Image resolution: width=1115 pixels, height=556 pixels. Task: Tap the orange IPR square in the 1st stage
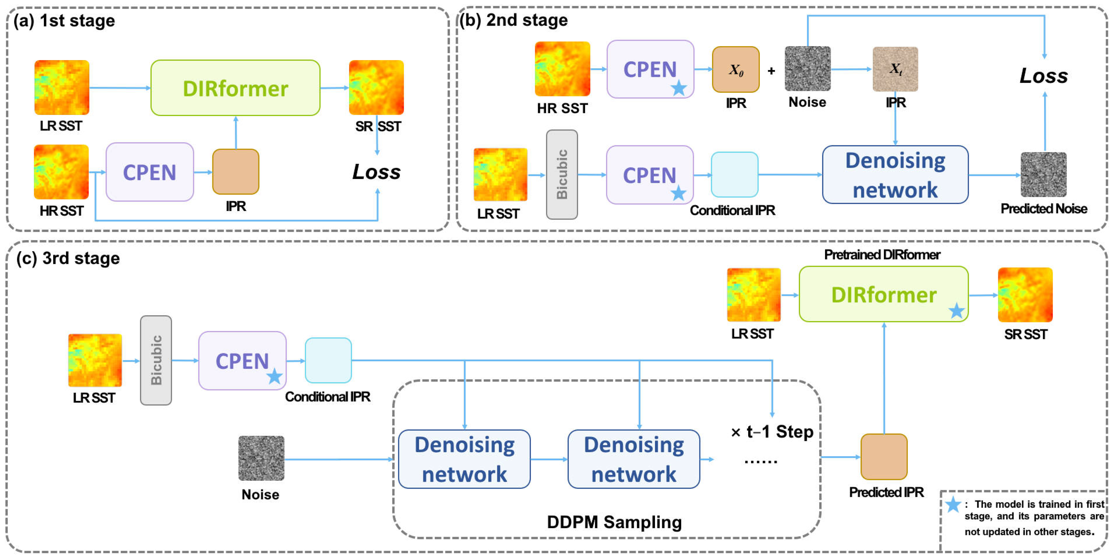(235, 172)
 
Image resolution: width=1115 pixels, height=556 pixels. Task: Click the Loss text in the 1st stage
(376, 172)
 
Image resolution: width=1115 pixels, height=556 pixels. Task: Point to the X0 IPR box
(735, 69)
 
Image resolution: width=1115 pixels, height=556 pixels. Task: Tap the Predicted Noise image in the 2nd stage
(1043, 174)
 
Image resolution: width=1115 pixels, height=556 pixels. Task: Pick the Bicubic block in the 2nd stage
(562, 174)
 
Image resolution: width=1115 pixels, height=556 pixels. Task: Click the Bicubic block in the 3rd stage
(156, 360)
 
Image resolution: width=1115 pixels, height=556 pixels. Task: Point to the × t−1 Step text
(772, 432)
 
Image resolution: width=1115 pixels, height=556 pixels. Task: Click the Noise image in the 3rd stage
(261, 458)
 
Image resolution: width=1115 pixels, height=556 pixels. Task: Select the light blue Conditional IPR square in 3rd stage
(328, 360)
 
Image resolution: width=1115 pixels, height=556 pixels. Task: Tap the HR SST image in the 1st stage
(62, 172)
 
